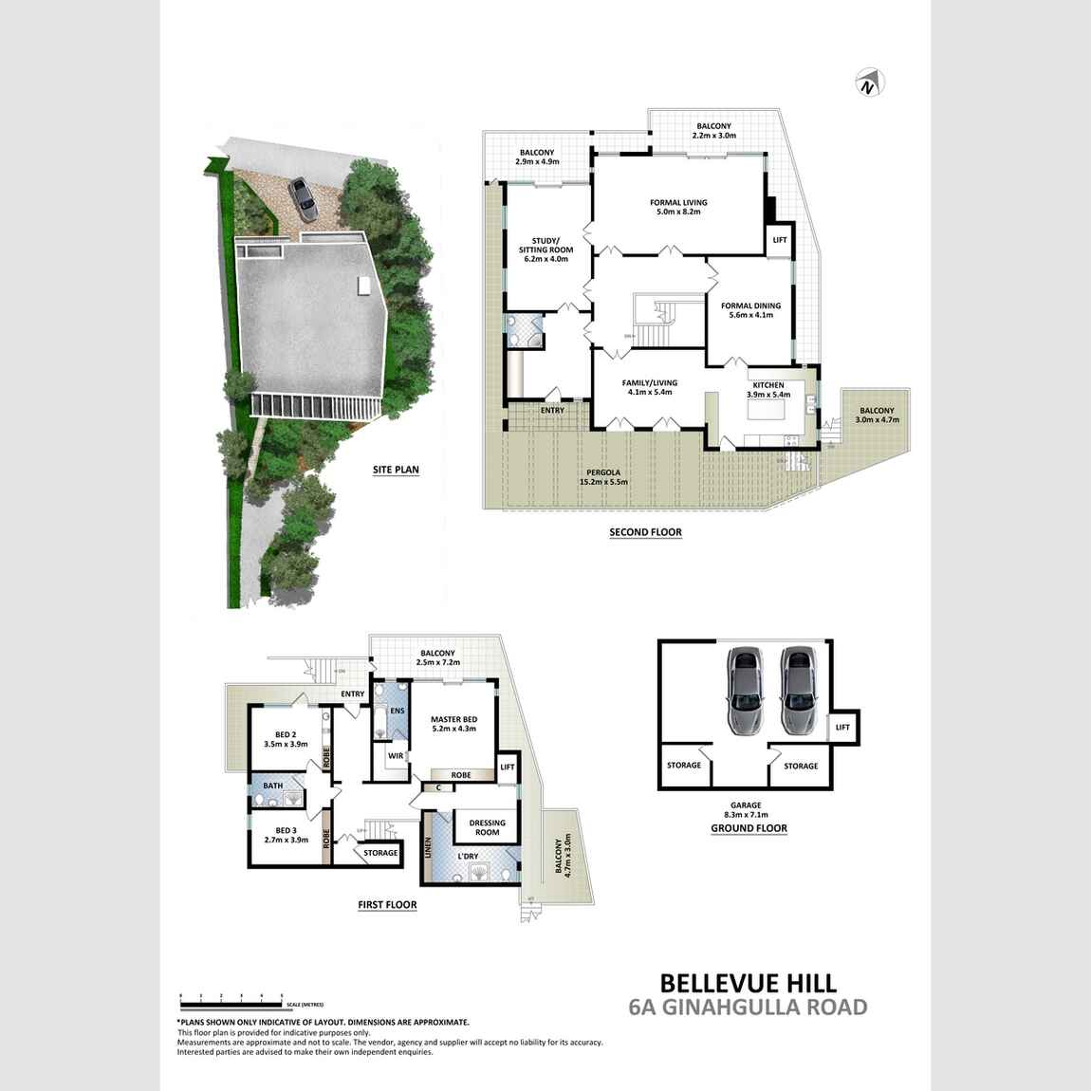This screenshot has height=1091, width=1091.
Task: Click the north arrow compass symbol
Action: pyautogui.click(x=868, y=83)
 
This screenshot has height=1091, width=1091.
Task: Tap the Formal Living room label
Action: pyautogui.click(x=678, y=208)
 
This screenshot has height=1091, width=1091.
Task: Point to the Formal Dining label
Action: pyautogui.click(x=750, y=310)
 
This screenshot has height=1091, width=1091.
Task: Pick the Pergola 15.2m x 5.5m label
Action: pyautogui.click(x=603, y=477)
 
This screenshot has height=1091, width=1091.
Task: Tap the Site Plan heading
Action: pyautogui.click(x=396, y=469)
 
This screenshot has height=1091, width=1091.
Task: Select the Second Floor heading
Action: pyautogui.click(x=645, y=532)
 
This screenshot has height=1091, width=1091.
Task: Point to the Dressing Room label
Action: pyautogui.click(x=487, y=827)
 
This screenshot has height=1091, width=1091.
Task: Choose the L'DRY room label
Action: pyautogui.click(x=468, y=857)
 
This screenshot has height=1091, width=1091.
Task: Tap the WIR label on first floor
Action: pyautogui.click(x=388, y=756)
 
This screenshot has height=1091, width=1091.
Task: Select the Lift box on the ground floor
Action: pyautogui.click(x=842, y=728)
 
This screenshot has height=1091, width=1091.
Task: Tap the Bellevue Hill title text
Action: pyautogui.click(x=748, y=982)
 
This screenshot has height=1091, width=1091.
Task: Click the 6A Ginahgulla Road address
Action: pyautogui.click(x=748, y=1008)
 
